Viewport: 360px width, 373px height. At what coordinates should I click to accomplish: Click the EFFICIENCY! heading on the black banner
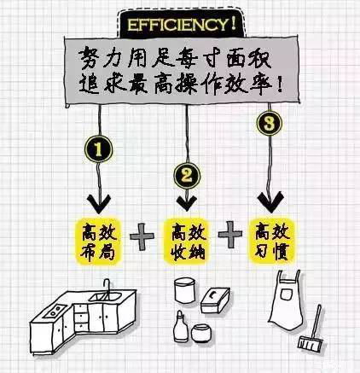tap(182, 25)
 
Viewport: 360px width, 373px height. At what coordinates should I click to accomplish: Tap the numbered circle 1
tap(98, 149)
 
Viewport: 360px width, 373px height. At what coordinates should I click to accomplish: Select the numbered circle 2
tap(187, 176)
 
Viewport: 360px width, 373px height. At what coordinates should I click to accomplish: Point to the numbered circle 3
tap(270, 124)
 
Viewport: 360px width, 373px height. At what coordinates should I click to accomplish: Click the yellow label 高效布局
tap(98, 242)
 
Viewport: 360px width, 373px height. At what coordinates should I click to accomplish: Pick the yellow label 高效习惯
tap(272, 241)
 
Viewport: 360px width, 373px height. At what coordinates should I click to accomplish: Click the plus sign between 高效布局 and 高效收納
tap(142, 236)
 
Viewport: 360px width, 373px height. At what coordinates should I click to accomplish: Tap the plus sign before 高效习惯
tap(230, 234)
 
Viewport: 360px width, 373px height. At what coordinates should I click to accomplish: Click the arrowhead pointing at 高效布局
tap(99, 204)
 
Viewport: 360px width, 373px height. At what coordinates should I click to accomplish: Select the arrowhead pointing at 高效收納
tap(187, 202)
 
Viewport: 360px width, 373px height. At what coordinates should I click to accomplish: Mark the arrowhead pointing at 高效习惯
tap(270, 201)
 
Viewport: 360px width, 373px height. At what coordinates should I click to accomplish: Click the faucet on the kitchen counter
tap(107, 288)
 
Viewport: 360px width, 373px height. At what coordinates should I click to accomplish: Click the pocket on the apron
tap(286, 294)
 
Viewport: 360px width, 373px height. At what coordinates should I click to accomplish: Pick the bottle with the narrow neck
tap(180, 326)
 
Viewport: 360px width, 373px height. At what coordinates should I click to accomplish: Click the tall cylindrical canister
tap(185, 290)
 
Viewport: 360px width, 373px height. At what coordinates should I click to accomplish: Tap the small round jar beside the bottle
tap(201, 333)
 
